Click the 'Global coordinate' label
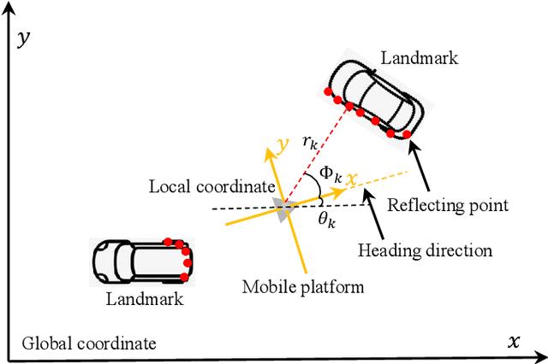89,343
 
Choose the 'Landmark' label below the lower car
145,299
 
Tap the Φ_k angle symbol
331,175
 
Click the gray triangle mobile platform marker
282,208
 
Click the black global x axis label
514,342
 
